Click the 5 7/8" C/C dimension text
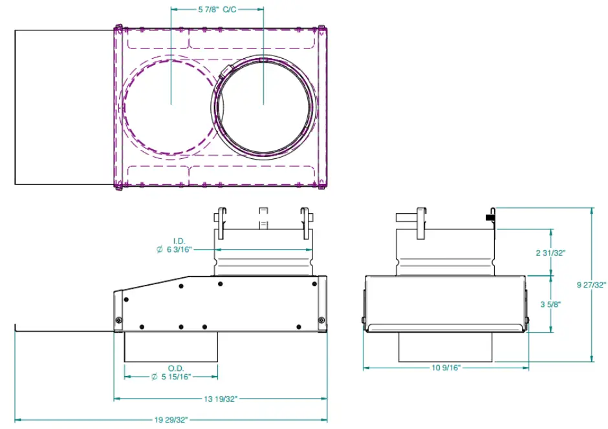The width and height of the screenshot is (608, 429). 217,10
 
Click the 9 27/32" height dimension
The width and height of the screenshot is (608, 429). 591,284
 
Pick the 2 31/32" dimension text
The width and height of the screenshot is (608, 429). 550,253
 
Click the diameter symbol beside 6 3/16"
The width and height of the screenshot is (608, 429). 160,249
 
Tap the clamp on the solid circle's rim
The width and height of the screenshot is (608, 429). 226,70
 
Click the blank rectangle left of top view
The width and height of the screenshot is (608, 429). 63,107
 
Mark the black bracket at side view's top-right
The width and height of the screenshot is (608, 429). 490,218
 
